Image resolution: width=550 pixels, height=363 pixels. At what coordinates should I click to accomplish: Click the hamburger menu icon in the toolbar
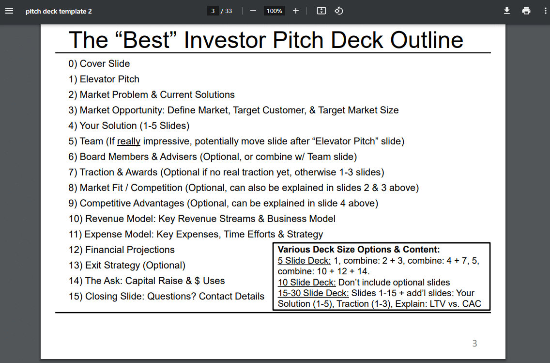[9, 11]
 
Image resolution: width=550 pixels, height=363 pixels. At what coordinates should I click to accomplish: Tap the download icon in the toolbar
[507, 11]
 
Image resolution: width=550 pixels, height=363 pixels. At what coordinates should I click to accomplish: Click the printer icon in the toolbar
[526, 11]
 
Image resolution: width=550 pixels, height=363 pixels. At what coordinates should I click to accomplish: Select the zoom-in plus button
[296, 11]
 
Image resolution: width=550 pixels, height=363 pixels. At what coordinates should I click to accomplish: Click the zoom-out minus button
[253, 11]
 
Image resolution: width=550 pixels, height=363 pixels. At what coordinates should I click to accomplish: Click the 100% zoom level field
[274, 11]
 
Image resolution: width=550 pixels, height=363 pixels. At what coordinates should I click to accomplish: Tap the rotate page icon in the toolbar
[339, 11]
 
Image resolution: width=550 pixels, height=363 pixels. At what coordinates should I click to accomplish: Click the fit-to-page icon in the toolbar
[321, 11]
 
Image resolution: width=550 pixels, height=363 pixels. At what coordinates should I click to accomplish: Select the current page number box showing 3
[213, 11]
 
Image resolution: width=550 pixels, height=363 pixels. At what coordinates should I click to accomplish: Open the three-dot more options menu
[545, 11]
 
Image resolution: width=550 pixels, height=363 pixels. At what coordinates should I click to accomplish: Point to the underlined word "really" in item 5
[129, 142]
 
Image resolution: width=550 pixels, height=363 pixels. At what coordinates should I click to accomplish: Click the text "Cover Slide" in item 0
[105, 64]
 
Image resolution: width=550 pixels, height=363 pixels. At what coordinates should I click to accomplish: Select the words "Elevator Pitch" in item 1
[109, 79]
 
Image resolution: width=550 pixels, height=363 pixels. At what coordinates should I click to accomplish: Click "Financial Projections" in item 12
[130, 250]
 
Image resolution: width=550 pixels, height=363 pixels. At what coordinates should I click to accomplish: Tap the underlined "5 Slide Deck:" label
[304, 261]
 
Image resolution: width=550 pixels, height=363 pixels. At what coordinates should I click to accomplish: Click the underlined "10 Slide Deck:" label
[306, 283]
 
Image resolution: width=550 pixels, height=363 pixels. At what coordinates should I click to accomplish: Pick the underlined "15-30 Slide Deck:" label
[313, 293]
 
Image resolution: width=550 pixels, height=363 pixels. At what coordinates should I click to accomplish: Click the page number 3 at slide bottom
[474, 344]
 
